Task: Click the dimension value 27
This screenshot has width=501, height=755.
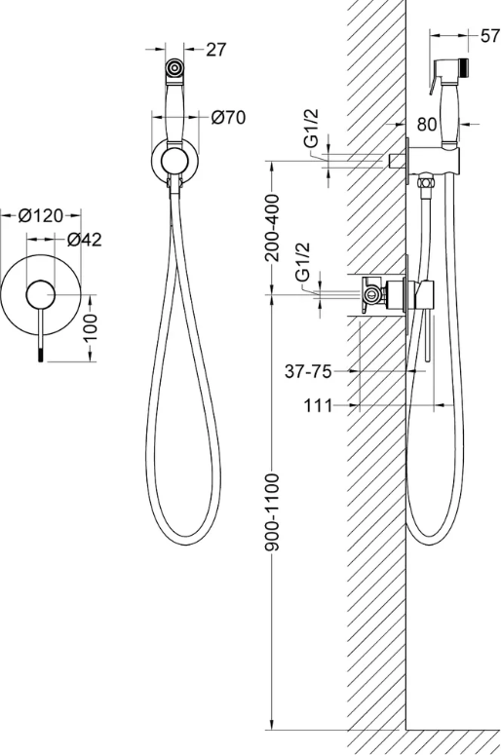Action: (215, 49)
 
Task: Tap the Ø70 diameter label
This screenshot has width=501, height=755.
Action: (228, 117)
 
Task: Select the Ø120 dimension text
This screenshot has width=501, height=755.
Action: (41, 215)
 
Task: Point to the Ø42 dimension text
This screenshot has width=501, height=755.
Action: (85, 240)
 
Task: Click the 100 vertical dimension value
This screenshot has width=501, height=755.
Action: (90, 327)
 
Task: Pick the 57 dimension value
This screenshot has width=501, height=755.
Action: (490, 36)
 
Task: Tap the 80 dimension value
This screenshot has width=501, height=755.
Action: (427, 125)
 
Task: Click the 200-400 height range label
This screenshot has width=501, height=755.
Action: (273, 227)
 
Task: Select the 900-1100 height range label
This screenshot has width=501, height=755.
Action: (273, 511)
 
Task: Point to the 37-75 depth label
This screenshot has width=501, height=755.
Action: (308, 371)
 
